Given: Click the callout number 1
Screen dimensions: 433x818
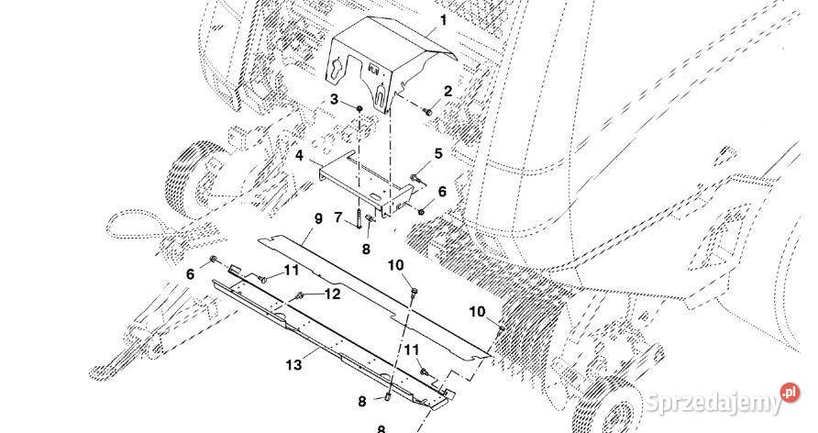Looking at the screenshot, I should (x=444, y=19).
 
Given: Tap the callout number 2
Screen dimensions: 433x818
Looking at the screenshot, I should (x=448, y=91).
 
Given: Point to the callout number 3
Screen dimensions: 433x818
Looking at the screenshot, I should (x=336, y=98).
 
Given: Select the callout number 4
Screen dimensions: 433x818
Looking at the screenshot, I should (x=299, y=156).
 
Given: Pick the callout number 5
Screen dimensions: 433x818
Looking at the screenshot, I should (x=438, y=153).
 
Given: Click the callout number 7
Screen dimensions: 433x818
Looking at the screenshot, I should (x=338, y=217).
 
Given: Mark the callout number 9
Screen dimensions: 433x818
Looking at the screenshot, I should (x=319, y=218).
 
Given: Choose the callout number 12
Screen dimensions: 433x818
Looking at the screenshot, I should (x=333, y=294).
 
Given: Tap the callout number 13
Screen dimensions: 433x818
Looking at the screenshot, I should (x=293, y=365).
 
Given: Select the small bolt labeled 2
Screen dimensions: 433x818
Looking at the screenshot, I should (x=427, y=112).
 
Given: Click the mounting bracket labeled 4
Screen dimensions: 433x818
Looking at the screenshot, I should (x=367, y=183).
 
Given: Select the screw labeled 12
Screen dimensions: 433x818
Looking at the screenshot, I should (x=301, y=295).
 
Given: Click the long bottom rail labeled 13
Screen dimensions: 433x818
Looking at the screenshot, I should (x=321, y=339).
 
